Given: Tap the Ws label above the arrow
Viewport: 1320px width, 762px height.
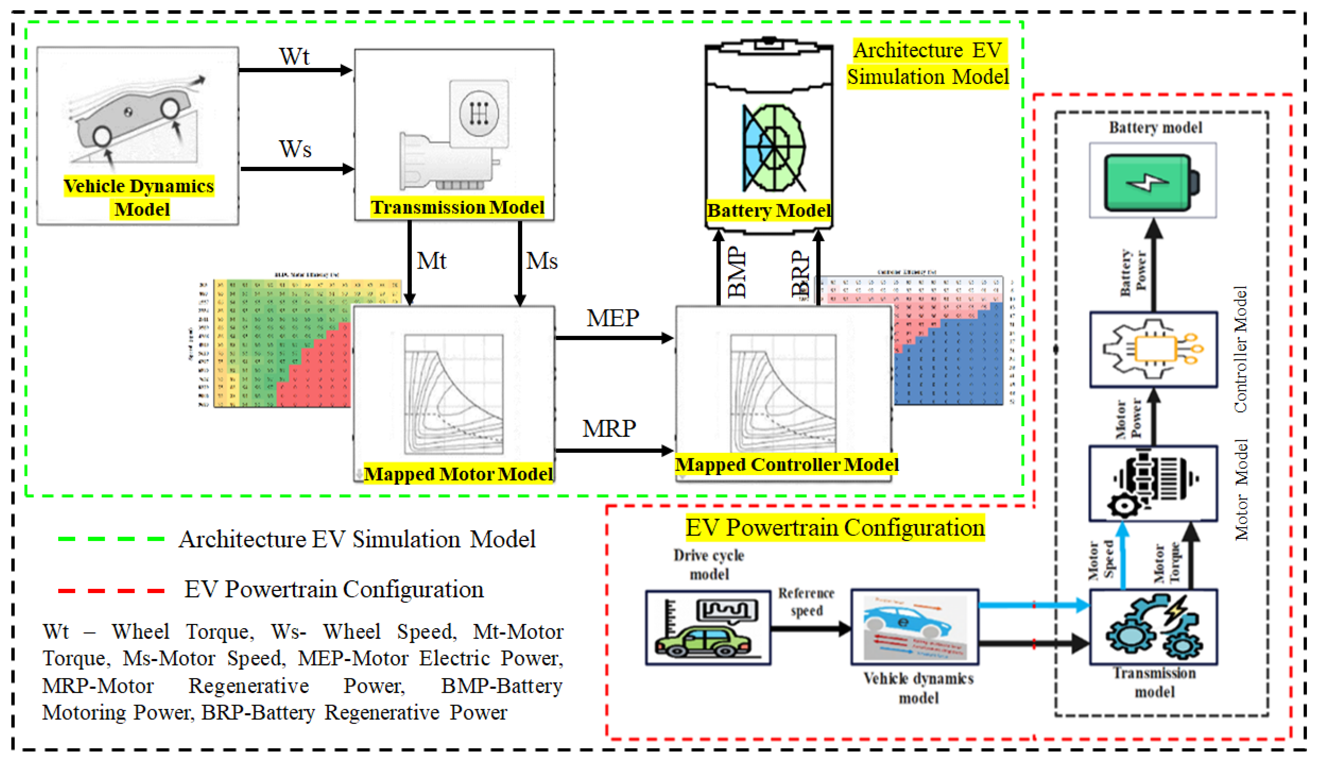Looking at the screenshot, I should coord(295,149).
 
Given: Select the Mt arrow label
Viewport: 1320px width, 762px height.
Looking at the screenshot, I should coord(431,261).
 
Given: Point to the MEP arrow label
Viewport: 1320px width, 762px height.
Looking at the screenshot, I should coord(613,318).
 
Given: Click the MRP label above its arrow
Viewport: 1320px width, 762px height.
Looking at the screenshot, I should coord(609,428).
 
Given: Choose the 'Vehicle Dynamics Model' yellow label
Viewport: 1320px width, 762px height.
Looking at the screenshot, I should coord(139,197).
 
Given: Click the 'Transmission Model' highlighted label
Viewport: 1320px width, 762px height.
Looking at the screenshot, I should coord(457,207).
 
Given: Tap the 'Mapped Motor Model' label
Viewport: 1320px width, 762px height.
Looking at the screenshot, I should coord(458,474).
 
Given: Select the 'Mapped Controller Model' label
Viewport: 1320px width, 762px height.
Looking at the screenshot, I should coord(786,464).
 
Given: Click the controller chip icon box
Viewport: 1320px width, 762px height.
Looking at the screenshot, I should coord(1153,349).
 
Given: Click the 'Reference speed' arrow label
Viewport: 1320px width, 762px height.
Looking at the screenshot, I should coord(806,602).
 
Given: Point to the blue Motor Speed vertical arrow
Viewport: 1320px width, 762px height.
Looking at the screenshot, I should coord(1123,557).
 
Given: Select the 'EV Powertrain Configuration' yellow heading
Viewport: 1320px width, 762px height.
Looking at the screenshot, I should coord(835,528).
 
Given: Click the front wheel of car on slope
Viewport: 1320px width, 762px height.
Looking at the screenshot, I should coord(170,109).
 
